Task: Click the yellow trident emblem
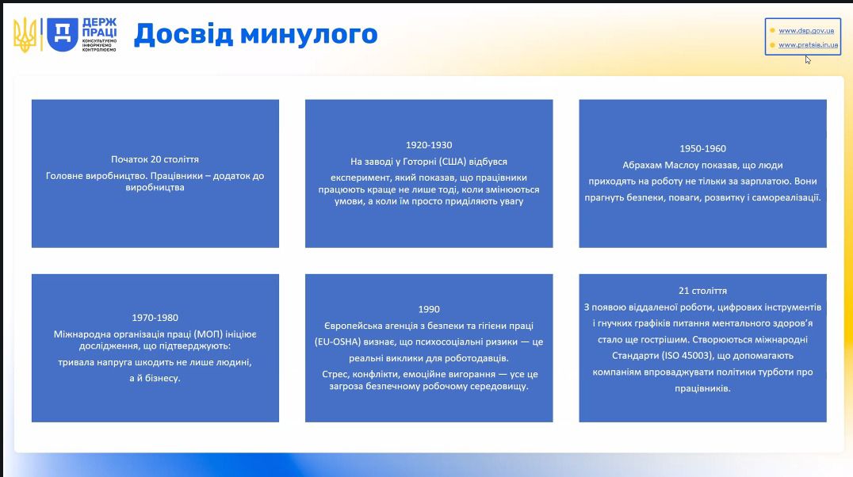[x=25, y=35]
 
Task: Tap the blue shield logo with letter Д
[x=63, y=34]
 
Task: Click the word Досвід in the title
[x=183, y=34]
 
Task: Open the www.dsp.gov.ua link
[x=806, y=31]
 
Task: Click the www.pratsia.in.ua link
[x=809, y=45]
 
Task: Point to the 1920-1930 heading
[x=429, y=145]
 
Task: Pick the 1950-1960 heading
[x=702, y=148]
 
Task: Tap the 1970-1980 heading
[x=155, y=318]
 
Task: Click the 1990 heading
[x=429, y=310]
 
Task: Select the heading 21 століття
[x=702, y=291]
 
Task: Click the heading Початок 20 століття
[x=155, y=159]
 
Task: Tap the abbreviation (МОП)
[x=208, y=334]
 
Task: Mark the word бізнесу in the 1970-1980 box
[x=162, y=378]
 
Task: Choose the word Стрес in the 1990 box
[x=335, y=374]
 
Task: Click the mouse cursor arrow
[x=809, y=60]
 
